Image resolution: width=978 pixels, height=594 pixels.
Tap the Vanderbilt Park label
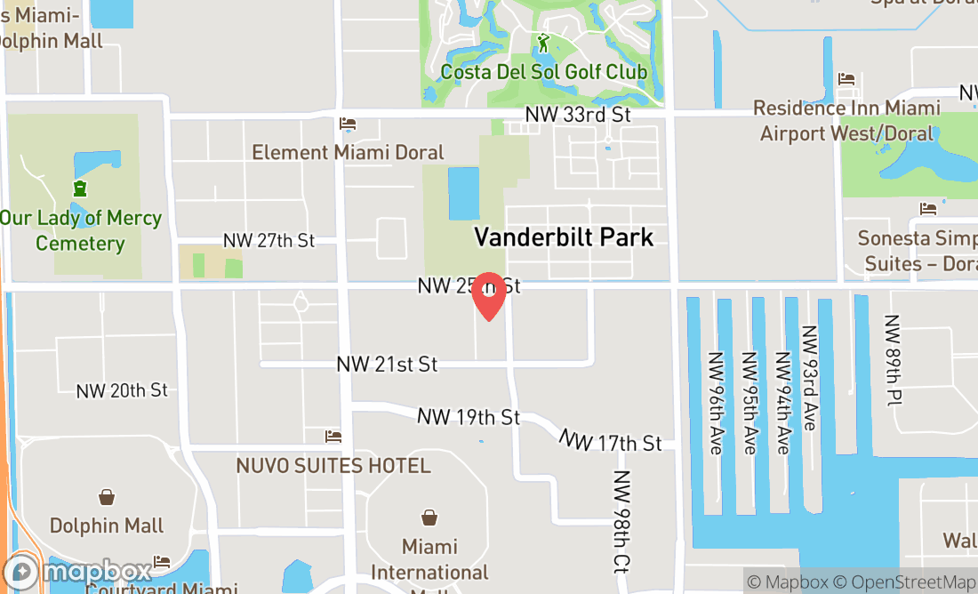(564, 237)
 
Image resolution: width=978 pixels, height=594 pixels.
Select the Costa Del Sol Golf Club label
(544, 72)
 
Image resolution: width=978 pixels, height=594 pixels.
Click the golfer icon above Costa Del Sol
(543, 43)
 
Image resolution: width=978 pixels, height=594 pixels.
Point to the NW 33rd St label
(578, 115)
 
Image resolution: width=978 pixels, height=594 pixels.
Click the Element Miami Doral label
(348, 152)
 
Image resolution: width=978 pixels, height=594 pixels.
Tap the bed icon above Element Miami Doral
(348, 124)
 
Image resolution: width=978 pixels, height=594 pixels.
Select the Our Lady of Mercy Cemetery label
(80, 230)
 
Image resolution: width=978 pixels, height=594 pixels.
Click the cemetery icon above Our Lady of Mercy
(80, 188)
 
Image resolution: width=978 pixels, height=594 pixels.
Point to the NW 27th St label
(269, 240)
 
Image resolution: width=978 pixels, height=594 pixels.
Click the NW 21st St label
(387, 365)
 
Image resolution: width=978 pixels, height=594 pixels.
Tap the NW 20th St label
(122, 390)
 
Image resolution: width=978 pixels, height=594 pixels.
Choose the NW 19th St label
(469, 417)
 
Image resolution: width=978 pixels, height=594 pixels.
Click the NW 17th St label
(611, 441)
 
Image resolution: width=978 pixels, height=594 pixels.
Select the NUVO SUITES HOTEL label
(333, 465)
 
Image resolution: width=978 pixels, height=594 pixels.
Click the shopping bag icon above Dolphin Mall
(107, 496)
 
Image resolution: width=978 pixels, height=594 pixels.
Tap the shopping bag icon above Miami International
(429, 517)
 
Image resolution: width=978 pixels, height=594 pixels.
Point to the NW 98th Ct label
(621, 520)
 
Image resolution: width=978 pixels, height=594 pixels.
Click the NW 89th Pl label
(893, 360)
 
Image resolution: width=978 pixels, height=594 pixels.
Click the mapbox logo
(78, 572)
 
